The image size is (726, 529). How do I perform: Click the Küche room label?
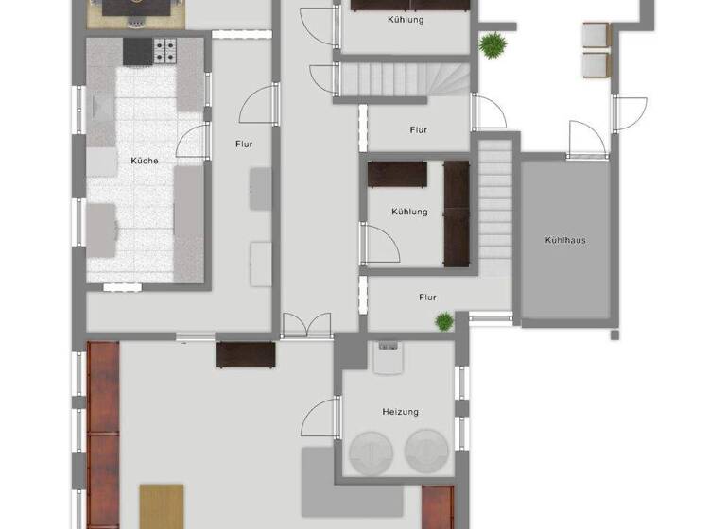click(x=145, y=161)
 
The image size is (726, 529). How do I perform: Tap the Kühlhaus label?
click(x=564, y=240)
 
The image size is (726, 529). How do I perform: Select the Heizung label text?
click(x=400, y=412)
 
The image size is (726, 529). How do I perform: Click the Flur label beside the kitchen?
click(x=244, y=145)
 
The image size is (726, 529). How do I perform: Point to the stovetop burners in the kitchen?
click(x=165, y=49)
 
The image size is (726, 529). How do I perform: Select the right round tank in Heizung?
click(x=428, y=452)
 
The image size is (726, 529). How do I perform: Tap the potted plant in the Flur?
click(x=444, y=321)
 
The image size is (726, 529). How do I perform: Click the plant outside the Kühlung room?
click(x=491, y=43)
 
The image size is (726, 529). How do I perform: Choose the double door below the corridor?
click(x=306, y=327)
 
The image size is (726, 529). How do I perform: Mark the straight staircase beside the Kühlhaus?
click(x=494, y=208)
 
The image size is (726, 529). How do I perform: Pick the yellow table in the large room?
click(x=162, y=505)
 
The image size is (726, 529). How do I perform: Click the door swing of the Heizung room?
click(x=320, y=418)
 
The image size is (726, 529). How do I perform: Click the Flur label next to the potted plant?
click(x=427, y=298)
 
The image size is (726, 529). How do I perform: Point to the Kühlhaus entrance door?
click(x=586, y=141)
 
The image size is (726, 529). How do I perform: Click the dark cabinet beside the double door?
click(x=246, y=354)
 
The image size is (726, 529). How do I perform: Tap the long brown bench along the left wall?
click(x=103, y=435)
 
